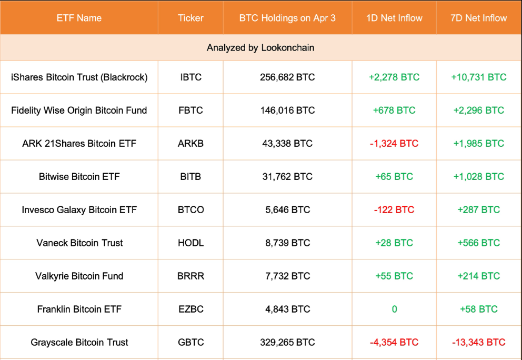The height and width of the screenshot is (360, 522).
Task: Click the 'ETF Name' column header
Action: pyautogui.click(x=79, y=18)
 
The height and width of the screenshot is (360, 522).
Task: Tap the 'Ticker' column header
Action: pyautogui.click(x=190, y=18)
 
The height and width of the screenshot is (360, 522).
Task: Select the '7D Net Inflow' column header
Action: pyautogui.click(x=479, y=18)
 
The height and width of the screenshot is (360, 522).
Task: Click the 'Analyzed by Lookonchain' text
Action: pyautogui.click(x=260, y=47)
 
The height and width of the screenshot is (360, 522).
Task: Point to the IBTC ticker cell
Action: pyautogui.click(x=190, y=77)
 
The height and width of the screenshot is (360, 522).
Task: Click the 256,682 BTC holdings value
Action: pyautogui.click(x=287, y=77)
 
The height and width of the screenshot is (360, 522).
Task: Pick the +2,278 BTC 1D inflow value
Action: pyautogui.click(x=394, y=77)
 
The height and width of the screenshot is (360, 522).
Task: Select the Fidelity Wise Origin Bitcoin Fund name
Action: pyautogui.click(x=79, y=110)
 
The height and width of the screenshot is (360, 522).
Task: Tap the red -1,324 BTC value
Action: pyautogui.click(x=394, y=143)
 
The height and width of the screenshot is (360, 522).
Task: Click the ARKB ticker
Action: pyautogui.click(x=190, y=143)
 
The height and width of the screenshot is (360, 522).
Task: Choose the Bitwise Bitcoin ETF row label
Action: pyautogui.click(x=79, y=176)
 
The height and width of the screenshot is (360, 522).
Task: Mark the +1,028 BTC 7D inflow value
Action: pyautogui.click(x=479, y=176)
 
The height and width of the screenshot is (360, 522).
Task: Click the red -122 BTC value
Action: pyautogui.click(x=394, y=209)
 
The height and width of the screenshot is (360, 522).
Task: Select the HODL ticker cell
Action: pyautogui.click(x=190, y=243)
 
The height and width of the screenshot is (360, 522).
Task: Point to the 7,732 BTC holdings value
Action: pyautogui.click(x=287, y=276)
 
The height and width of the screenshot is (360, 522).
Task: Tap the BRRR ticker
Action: pyautogui.click(x=190, y=276)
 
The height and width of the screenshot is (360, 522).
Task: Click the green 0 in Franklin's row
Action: pyautogui.click(x=394, y=309)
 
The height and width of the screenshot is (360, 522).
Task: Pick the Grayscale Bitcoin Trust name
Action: pyautogui.click(x=79, y=342)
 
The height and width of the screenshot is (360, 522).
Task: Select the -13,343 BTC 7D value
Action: pyautogui.click(x=479, y=342)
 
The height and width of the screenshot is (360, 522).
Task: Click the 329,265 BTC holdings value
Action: pyautogui.click(x=287, y=342)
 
